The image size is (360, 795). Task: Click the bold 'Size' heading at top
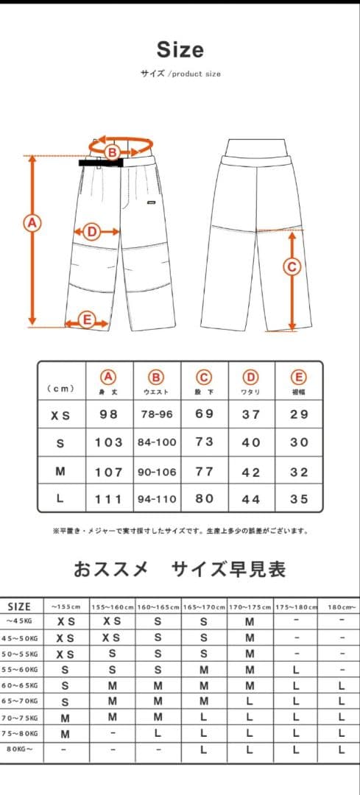180,50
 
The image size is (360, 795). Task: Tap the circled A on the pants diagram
32,222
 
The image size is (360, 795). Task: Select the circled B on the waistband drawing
112,152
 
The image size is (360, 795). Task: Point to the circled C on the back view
292,266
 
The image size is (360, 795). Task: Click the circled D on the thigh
91,232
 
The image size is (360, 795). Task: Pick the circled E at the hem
86,320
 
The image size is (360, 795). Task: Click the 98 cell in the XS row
108,414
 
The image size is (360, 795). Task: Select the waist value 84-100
156,442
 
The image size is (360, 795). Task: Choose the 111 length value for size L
108,498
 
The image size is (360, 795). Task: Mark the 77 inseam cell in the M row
204,471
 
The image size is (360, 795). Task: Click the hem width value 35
298,498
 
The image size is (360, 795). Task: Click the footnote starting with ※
180,530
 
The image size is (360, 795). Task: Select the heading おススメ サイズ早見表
180,569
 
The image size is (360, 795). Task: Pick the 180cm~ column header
341,607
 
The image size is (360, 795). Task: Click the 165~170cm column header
204,607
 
